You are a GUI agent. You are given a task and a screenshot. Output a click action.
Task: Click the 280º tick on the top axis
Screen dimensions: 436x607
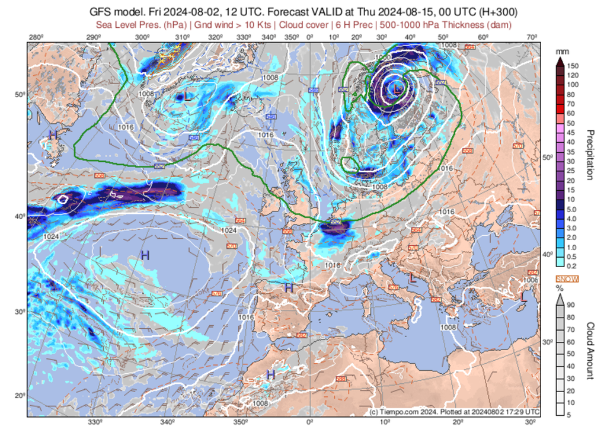point(36,38)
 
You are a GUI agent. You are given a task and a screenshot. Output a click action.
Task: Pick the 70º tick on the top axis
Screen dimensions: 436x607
point(532,38)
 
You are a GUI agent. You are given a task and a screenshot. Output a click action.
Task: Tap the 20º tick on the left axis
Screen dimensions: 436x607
point(19,396)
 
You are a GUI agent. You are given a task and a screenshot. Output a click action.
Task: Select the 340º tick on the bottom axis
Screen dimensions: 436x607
point(167,422)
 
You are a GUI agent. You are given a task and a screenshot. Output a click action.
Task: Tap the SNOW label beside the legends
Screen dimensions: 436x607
point(567,279)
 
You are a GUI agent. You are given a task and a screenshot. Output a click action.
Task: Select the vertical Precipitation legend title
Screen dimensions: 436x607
point(590,154)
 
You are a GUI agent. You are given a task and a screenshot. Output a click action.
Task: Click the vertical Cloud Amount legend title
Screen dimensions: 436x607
point(590,351)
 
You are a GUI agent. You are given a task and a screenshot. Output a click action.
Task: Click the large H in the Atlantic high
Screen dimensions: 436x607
point(145,255)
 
